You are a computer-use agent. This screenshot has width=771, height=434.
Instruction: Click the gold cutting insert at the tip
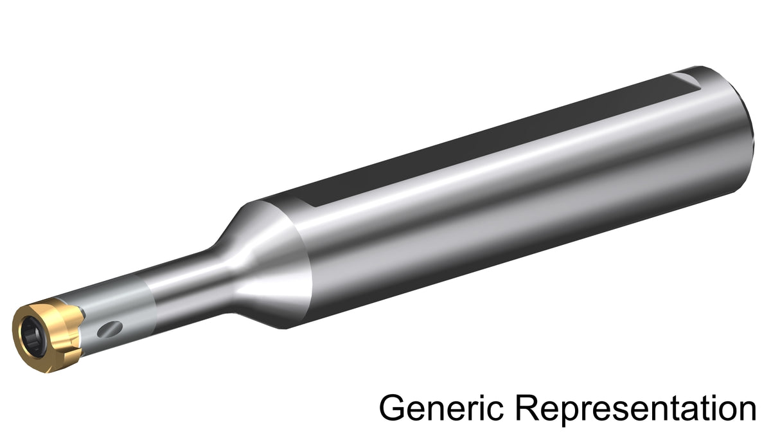pos(48,335)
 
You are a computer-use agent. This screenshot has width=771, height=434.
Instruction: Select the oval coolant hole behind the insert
pos(110,329)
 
